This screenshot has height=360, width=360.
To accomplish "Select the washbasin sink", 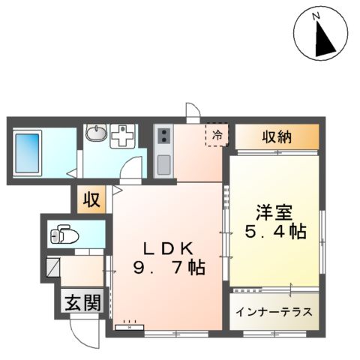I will pyautogui.click(x=96, y=135).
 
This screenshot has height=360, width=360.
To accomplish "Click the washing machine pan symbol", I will pyautogui.click(x=121, y=137).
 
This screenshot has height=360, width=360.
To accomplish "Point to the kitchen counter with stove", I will pyautogui.click(x=163, y=151).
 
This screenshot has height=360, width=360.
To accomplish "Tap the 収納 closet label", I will pyautogui.click(x=277, y=137).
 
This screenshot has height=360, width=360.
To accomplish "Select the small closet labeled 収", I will pyautogui.click(x=91, y=200).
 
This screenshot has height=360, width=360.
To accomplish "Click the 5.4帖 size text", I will pyautogui.click(x=275, y=232).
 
